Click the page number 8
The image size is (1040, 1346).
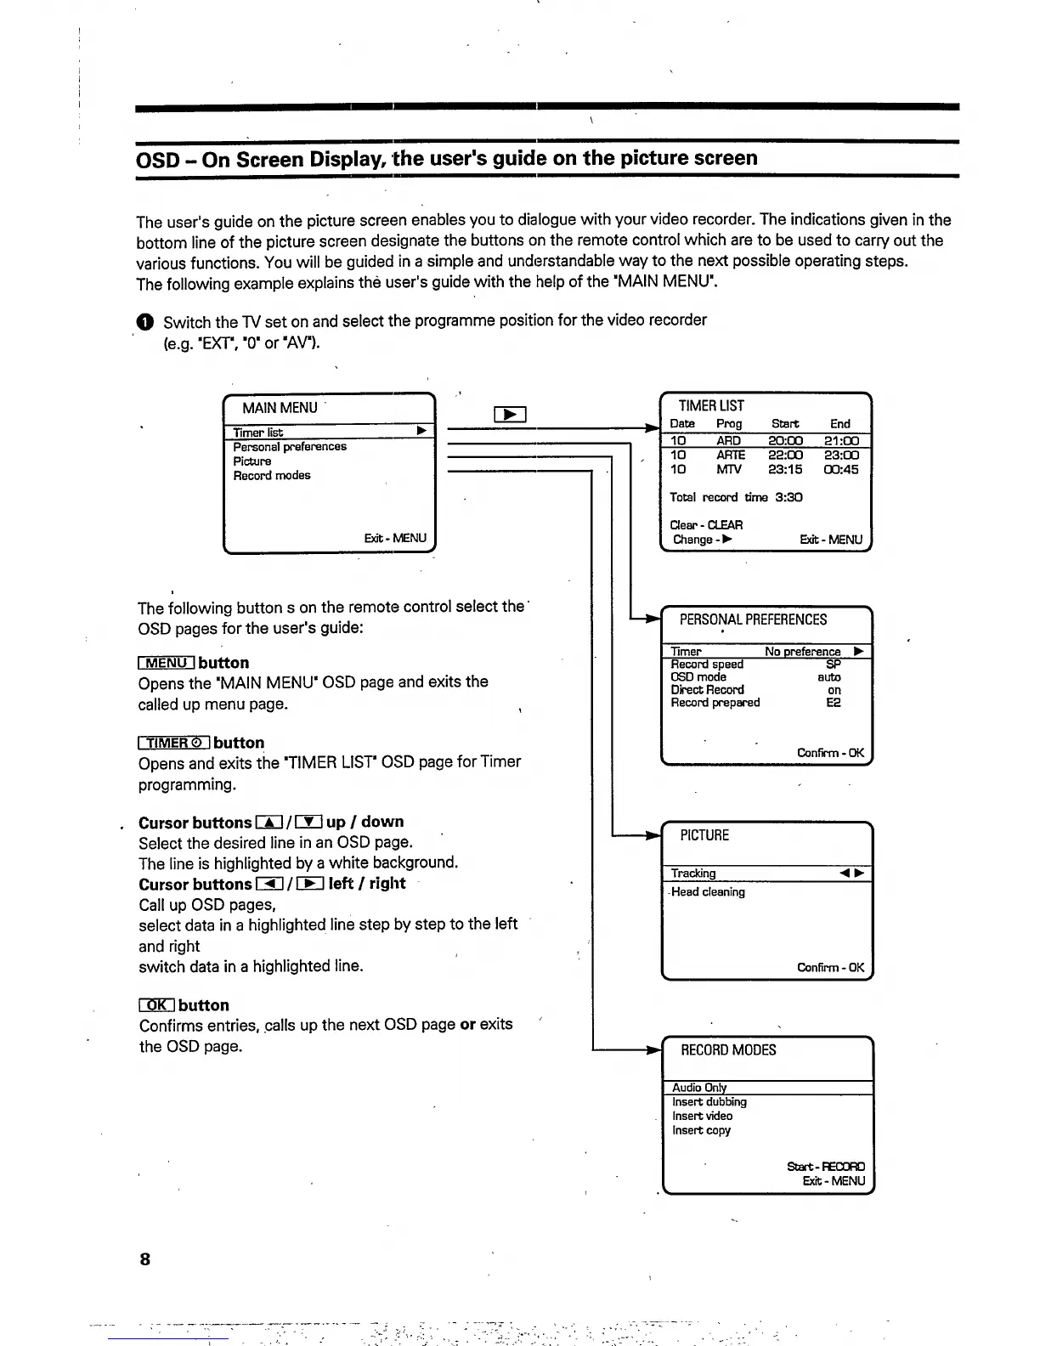click(144, 1258)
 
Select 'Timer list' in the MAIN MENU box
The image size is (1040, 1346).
click(258, 433)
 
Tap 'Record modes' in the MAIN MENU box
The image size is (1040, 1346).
click(272, 475)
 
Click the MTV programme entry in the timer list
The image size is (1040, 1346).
click(728, 469)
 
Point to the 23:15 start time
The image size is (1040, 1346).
click(785, 469)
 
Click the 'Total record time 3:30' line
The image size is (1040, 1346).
click(736, 497)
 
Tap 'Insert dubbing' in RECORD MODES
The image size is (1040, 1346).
click(709, 1101)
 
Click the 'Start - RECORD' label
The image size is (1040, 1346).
click(826, 1167)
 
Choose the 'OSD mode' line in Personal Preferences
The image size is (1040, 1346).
click(698, 677)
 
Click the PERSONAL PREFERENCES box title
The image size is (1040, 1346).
click(753, 619)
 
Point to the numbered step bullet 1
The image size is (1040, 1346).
click(145, 321)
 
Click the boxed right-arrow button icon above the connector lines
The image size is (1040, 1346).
click(510, 415)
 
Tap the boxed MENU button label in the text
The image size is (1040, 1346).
click(167, 663)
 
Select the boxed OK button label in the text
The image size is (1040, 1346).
click(157, 1005)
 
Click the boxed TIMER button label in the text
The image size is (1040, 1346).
click(174, 743)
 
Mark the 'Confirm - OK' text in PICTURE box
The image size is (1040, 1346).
click(830, 967)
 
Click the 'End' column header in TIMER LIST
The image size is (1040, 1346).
click(839, 423)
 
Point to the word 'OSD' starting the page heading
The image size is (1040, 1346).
click(157, 159)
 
